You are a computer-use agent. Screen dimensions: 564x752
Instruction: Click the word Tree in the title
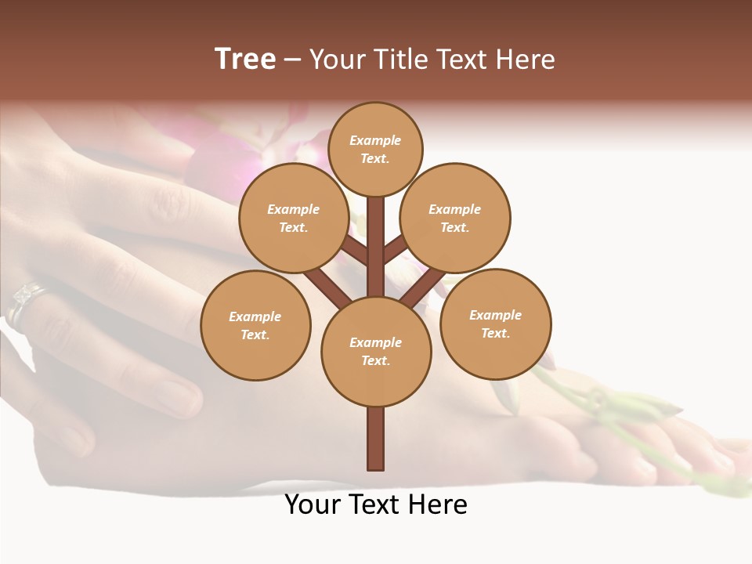point(245,60)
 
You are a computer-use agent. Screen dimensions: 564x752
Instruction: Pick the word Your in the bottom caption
point(313,504)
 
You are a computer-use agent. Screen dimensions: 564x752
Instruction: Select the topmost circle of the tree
point(375,149)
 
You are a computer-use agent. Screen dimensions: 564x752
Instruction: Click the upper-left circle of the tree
point(294,218)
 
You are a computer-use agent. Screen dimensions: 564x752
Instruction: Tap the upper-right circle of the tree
point(455,218)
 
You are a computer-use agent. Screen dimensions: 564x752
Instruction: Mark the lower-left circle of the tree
point(255,325)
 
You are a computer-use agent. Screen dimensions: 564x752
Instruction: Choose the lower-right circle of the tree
point(495,324)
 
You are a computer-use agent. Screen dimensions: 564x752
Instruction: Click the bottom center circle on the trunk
point(376,351)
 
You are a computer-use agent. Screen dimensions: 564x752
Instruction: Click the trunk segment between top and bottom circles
point(376,247)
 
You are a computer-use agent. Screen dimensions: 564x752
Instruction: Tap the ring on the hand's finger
point(23,302)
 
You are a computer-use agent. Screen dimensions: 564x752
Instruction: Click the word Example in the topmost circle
point(375,140)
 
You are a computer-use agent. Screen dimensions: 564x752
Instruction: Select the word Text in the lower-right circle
point(495,333)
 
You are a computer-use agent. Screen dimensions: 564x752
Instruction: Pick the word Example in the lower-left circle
point(255,316)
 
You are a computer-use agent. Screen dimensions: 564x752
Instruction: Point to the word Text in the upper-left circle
point(294,227)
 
